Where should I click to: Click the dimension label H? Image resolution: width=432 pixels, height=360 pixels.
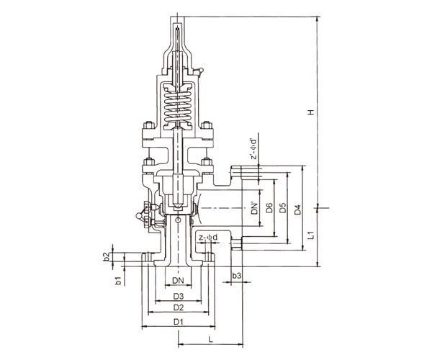pyautogui.click(x=311, y=112)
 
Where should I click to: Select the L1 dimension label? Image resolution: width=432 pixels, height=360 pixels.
pyautogui.click(x=311, y=235)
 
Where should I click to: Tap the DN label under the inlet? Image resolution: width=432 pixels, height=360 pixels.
pyautogui.click(x=178, y=280)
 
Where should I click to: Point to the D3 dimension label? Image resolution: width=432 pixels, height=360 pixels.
pyautogui.click(x=179, y=297)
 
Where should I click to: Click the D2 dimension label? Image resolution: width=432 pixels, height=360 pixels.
pyautogui.click(x=179, y=307)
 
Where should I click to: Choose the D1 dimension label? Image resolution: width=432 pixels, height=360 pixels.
pyautogui.click(x=179, y=321)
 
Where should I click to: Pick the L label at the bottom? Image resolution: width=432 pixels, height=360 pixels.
pyautogui.click(x=211, y=339)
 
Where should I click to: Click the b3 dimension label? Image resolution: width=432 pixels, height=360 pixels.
pyautogui.click(x=237, y=276)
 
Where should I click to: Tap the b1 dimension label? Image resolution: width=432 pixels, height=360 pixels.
pyautogui.click(x=119, y=282)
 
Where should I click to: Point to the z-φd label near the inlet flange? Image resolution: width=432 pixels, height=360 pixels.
pyautogui.click(x=208, y=238)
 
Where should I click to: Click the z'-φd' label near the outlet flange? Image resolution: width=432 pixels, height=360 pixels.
pyautogui.click(x=253, y=149)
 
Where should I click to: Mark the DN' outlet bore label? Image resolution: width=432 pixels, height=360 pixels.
pyautogui.click(x=255, y=209)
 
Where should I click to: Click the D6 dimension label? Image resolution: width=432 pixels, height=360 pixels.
pyautogui.click(x=269, y=208)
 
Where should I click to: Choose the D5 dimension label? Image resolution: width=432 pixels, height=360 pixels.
pyautogui.click(x=283, y=208)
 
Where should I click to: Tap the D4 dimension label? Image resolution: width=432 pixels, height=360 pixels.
pyautogui.click(x=297, y=210)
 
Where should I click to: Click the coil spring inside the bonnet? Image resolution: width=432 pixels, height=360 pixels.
pyautogui.click(x=178, y=107)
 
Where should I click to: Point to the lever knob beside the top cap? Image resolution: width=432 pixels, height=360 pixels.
pyautogui.click(x=202, y=70)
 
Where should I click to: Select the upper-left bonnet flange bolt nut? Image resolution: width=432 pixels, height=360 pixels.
pyautogui.click(x=149, y=125)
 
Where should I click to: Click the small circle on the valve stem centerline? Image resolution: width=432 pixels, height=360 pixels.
pyautogui.click(x=179, y=220)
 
